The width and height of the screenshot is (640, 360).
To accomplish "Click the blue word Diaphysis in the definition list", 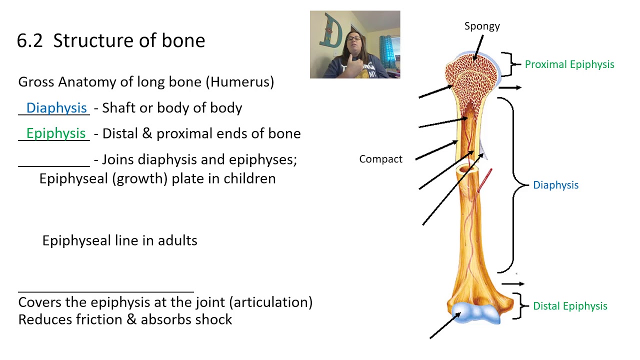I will pyautogui.click(x=56, y=108).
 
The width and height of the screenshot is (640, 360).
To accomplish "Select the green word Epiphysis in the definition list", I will pyautogui.click(x=56, y=133).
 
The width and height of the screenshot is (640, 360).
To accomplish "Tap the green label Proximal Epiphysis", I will pyautogui.click(x=569, y=64).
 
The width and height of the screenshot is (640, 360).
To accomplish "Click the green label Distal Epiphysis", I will pyautogui.click(x=570, y=306).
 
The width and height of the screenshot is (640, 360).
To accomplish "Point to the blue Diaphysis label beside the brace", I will pyautogui.click(x=555, y=185).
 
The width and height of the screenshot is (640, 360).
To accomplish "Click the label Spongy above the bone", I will pyautogui.click(x=482, y=26).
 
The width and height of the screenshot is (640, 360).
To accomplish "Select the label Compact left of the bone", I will pyautogui.click(x=380, y=159).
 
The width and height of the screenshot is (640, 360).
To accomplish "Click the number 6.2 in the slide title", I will pyautogui.click(x=30, y=41).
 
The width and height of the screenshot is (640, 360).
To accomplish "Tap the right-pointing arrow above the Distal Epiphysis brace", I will pyautogui.click(x=512, y=284).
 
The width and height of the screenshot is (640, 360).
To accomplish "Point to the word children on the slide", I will pyautogui.click(x=249, y=178).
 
